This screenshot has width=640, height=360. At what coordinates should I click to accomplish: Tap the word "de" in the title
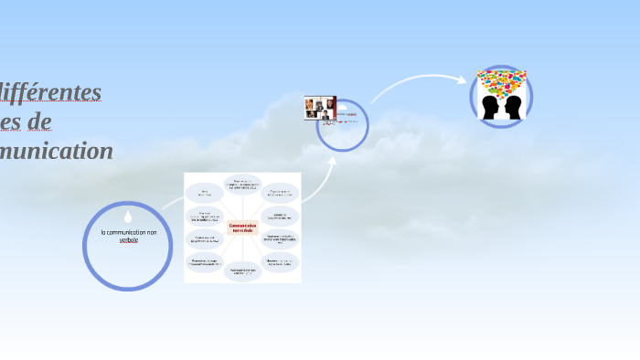click(x=39, y=122)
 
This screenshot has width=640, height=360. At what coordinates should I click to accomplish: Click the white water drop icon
click(x=128, y=217)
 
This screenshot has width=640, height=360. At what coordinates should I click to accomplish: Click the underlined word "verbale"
click(x=128, y=240)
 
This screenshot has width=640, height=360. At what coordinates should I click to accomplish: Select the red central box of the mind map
click(x=242, y=227)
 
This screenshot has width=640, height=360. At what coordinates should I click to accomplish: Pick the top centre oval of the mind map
click(x=242, y=185)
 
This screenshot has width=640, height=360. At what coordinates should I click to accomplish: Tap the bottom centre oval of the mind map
click(x=242, y=271)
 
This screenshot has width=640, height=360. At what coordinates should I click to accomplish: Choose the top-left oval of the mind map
click(x=204, y=194)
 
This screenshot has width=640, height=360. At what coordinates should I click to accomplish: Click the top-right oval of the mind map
click(x=281, y=194)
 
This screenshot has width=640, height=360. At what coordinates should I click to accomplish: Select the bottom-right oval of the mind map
click(x=281, y=263)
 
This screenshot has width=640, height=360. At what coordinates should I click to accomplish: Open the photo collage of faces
click(x=320, y=108)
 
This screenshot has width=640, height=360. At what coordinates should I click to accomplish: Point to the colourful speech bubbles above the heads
click(x=502, y=82)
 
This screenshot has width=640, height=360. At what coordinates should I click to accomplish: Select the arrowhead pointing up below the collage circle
click(x=332, y=161)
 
